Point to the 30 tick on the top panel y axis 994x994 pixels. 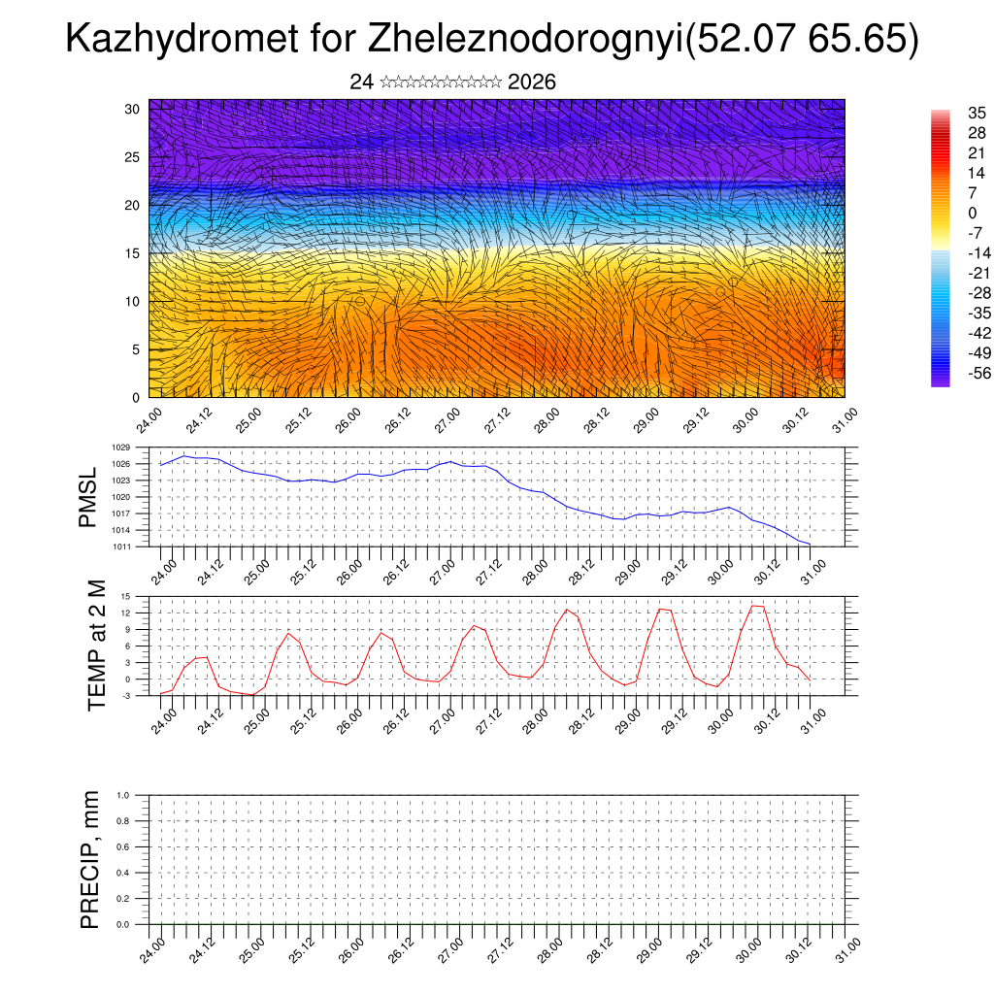tap(133, 109)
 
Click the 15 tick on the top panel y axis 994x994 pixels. tap(133, 253)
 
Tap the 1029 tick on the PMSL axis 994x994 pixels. tap(119, 447)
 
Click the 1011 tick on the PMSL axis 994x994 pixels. tap(119, 547)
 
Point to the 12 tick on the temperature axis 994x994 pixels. tap(125, 613)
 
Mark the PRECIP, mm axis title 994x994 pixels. tap(89, 860)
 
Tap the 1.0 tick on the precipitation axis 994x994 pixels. tap(122, 795)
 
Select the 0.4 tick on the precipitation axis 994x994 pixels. tap(122, 873)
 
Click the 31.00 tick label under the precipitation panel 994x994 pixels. tap(847, 948)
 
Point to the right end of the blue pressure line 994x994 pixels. tap(811, 544)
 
